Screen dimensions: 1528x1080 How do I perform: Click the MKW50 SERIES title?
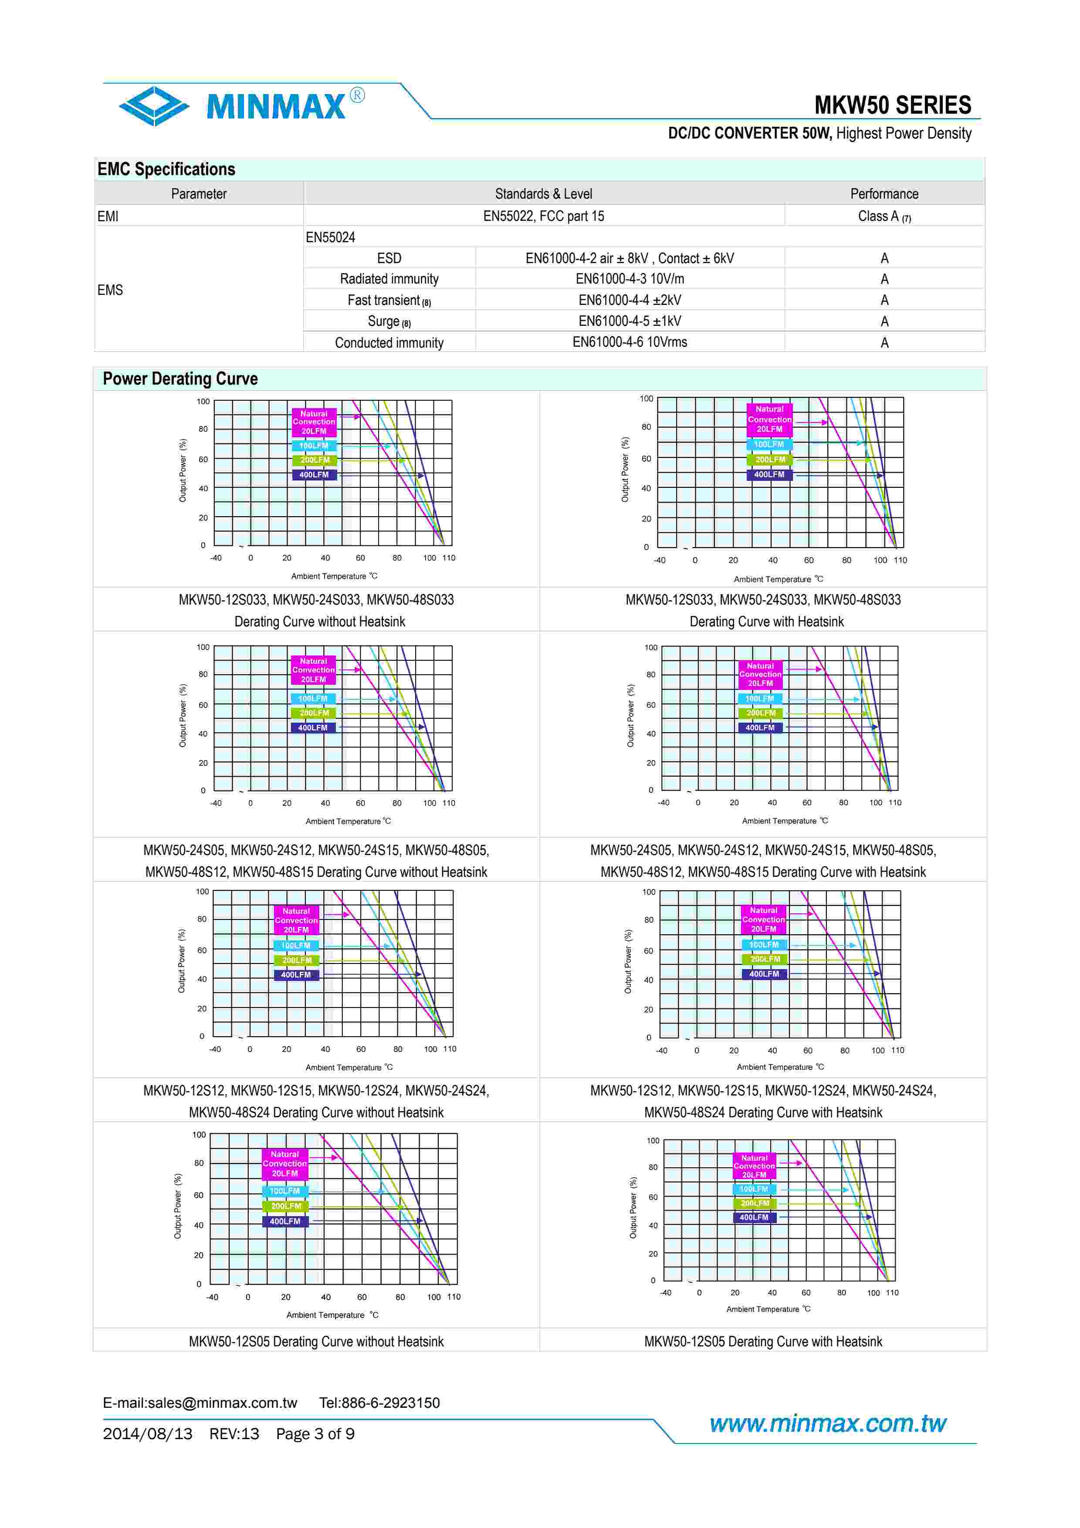tap(892, 105)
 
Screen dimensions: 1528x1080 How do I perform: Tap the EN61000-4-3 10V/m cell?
tap(630, 279)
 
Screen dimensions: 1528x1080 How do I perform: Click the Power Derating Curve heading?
tap(179, 379)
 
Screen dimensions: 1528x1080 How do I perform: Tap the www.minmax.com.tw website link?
tap(827, 1423)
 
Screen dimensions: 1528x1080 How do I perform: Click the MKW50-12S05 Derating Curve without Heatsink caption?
tap(316, 1341)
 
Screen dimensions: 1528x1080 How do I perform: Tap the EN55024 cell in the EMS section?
tap(330, 237)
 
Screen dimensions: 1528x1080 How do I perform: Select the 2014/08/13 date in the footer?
tap(147, 1433)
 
